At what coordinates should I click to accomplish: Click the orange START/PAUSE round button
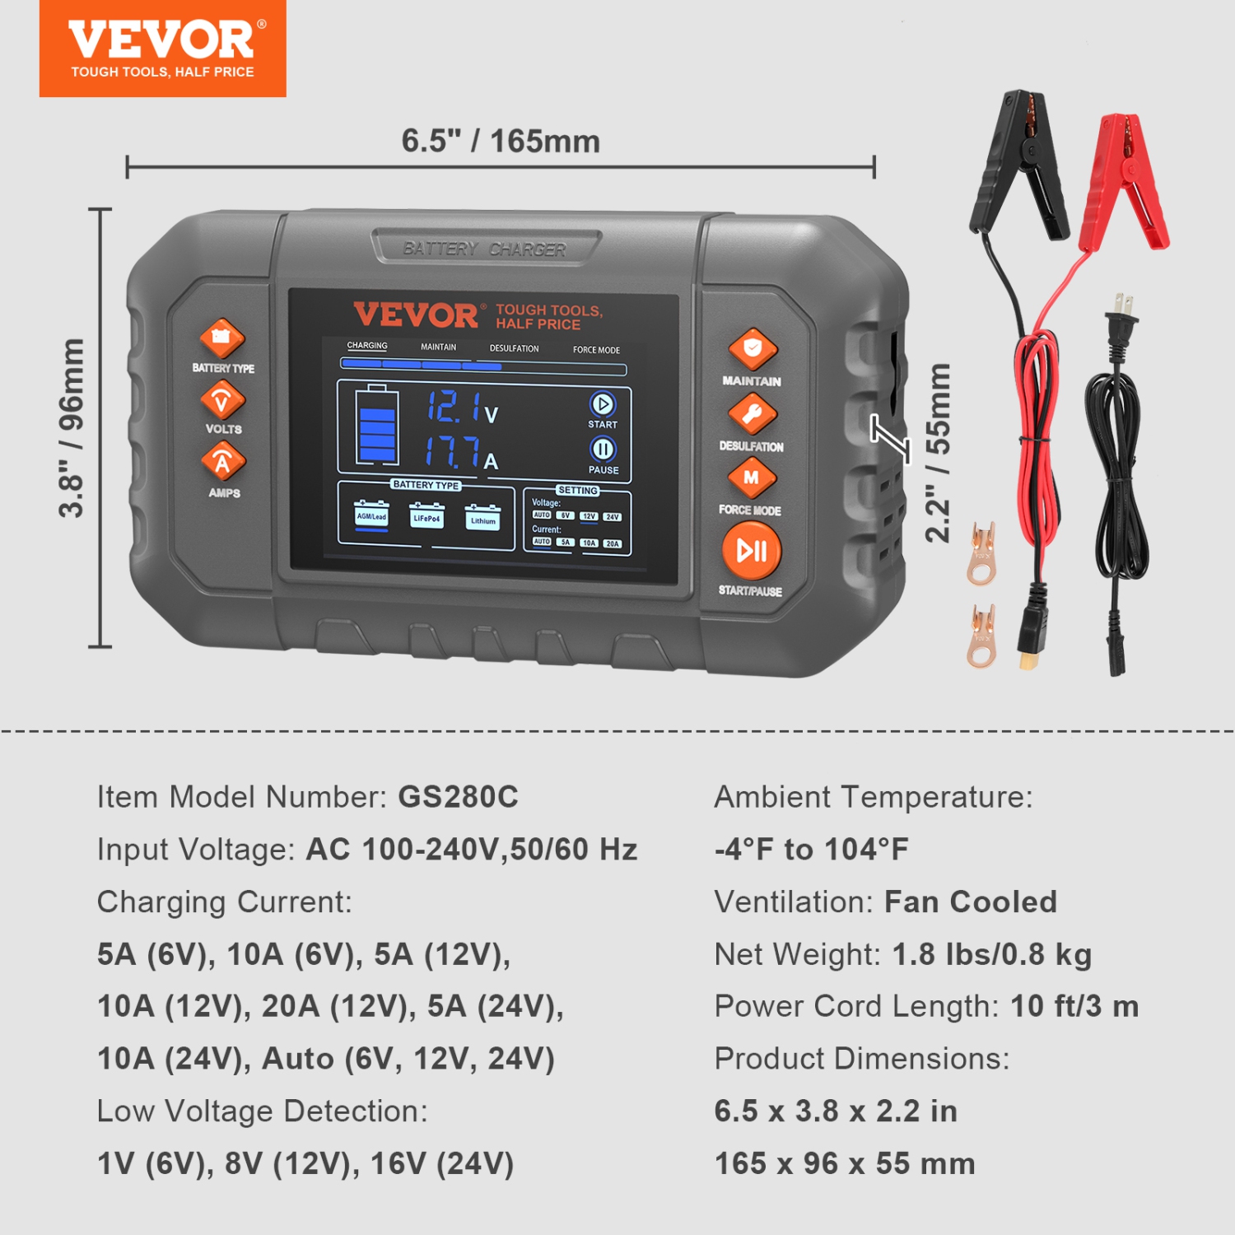point(751,552)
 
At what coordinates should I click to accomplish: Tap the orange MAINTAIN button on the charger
point(753,349)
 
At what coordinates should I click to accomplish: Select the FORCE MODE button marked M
point(751,478)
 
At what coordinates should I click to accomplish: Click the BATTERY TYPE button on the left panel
point(222,338)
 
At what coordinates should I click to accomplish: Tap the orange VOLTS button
point(222,401)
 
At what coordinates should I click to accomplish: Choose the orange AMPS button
point(223,462)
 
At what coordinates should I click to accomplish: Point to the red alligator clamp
point(1125,181)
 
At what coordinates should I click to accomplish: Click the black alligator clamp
point(1021,165)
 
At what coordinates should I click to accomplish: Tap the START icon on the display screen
point(603,404)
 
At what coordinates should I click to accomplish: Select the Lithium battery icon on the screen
point(482,518)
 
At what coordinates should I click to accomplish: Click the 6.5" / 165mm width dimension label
point(501,141)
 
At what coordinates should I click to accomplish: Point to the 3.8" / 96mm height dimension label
point(72,428)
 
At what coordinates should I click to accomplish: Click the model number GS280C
point(458,797)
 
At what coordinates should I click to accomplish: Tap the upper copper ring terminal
point(981,553)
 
